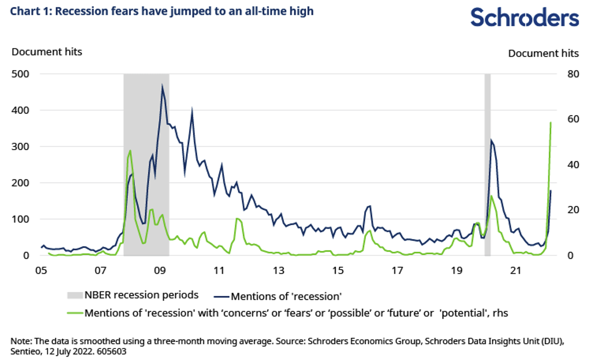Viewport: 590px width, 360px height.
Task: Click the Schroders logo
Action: click(525, 17)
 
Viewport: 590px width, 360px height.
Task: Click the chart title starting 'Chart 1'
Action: click(162, 11)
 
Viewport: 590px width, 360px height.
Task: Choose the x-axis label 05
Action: click(41, 270)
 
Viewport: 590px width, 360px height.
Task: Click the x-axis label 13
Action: click(278, 270)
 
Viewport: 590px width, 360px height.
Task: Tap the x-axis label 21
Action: click(516, 270)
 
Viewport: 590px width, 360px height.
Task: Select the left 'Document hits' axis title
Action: click(47, 52)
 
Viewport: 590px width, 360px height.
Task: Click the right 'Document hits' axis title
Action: click(543, 53)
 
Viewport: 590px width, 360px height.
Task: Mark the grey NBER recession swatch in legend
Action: click(74, 295)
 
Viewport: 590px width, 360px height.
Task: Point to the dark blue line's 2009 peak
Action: click(162, 85)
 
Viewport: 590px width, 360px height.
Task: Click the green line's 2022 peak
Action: click(551, 122)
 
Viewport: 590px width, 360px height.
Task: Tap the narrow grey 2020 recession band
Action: click(487, 165)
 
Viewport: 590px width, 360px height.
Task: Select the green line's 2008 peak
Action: click(130, 151)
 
